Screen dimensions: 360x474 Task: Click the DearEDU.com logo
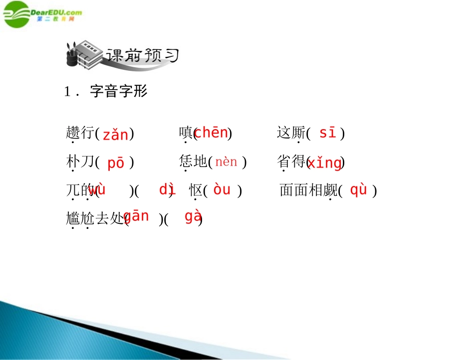(x=42, y=14)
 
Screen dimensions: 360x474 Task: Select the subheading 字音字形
(x=118, y=91)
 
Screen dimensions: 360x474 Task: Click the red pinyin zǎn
(x=115, y=135)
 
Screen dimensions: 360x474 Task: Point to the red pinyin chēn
(x=211, y=133)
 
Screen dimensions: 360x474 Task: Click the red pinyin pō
(x=115, y=163)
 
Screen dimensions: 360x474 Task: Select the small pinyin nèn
(x=226, y=162)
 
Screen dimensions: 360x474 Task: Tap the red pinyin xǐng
(x=325, y=163)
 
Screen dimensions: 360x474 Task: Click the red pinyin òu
(x=222, y=190)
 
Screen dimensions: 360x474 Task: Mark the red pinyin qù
(x=358, y=190)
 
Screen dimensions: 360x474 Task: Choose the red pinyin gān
(x=136, y=216)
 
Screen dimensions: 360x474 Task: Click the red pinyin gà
(x=193, y=216)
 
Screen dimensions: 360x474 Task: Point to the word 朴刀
(x=80, y=162)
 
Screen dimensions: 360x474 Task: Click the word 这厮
(x=290, y=133)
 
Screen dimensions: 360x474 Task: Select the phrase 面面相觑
(x=308, y=190)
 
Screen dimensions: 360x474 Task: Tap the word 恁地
(x=193, y=162)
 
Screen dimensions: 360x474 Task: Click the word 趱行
(x=80, y=133)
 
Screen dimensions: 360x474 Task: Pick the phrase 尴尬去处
(x=94, y=218)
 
